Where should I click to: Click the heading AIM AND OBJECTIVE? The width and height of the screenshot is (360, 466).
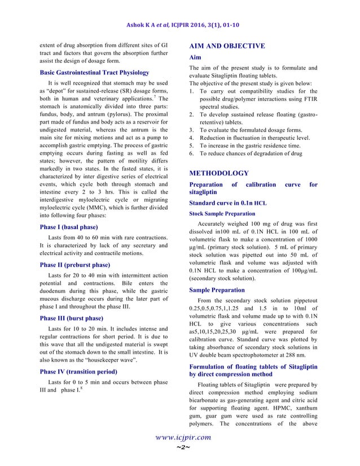[x=227, y=46]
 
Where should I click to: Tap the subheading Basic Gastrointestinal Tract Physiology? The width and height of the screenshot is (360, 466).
[x=94, y=73]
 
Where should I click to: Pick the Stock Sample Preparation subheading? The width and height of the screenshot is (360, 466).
[x=222, y=213]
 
